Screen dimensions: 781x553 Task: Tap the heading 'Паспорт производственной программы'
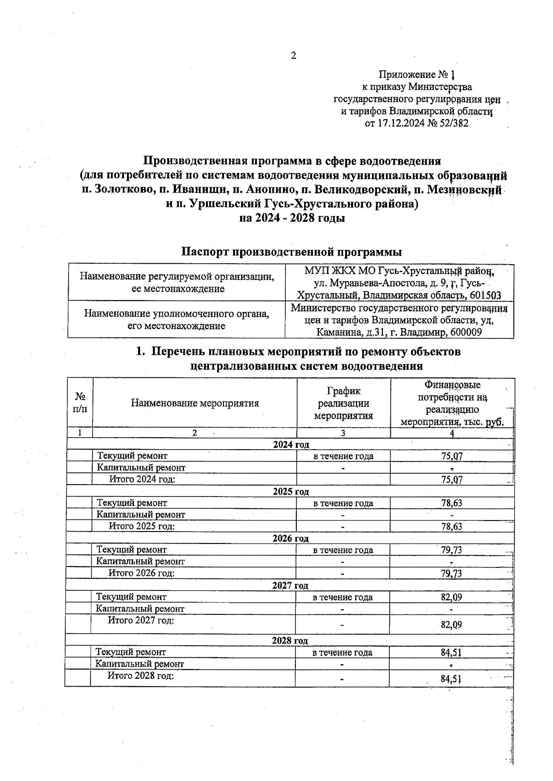[291, 252]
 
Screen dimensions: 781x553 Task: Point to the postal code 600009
[465, 332]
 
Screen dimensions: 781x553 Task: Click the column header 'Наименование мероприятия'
[195, 404]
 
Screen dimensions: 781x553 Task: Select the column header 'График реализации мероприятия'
[343, 404]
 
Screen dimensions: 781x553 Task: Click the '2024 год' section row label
[291, 445]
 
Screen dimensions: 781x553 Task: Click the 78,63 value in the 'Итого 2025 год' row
[452, 526]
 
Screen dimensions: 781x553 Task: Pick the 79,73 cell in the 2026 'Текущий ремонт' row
[452, 550]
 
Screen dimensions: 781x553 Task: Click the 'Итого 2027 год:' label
[141, 620]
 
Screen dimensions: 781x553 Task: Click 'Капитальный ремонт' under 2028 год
[140, 664]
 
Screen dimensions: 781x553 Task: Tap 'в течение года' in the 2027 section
[342, 597]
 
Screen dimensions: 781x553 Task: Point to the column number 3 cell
[343, 433]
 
